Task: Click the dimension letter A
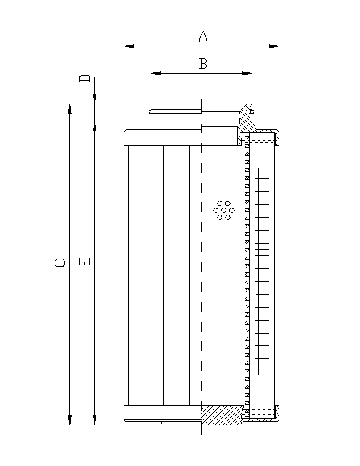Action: [203, 36]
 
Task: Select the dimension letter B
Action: [203, 64]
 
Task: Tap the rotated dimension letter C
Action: [59, 263]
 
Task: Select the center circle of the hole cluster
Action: [224, 210]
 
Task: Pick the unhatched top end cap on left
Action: [162, 139]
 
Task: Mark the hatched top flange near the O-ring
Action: [245, 118]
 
